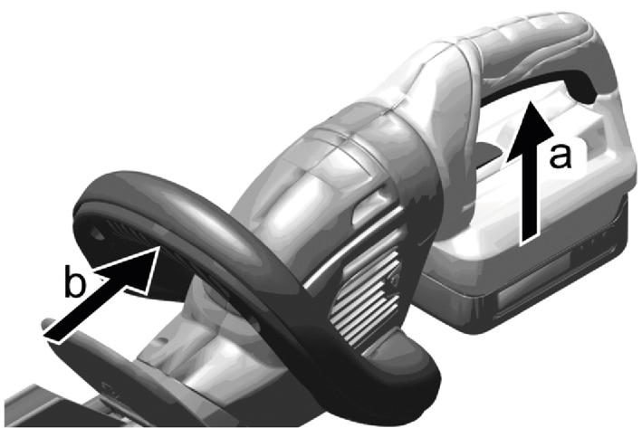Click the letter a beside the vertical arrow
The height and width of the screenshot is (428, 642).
(x=561, y=157)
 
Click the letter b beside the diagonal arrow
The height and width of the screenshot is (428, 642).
(x=76, y=281)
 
